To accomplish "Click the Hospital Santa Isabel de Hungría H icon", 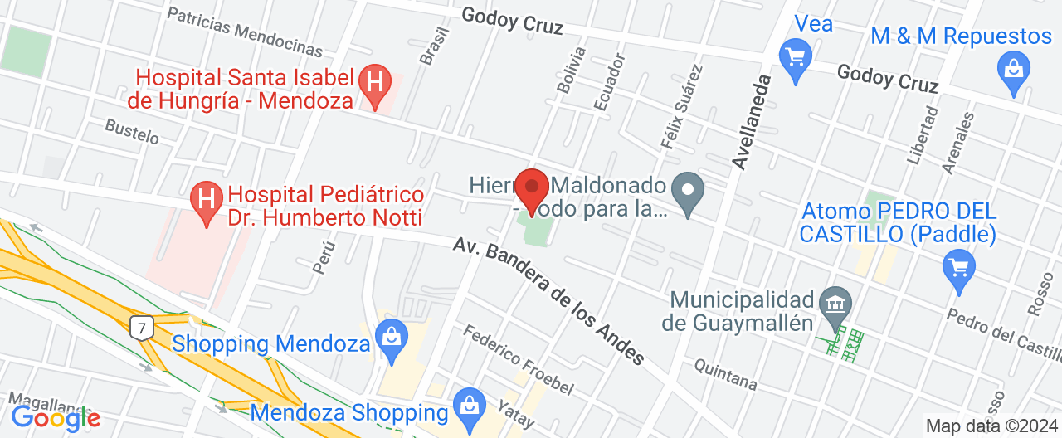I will pyautogui.click(x=374, y=83).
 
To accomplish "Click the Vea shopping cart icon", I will pyautogui.click(x=796, y=56).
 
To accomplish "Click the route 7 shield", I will pyautogui.click(x=142, y=328).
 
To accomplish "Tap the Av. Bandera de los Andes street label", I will pyautogui.click(x=549, y=302).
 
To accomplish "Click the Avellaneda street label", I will pyautogui.click(x=752, y=121).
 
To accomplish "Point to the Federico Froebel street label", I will pyautogui.click(x=518, y=359).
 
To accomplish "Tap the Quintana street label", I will pyautogui.click(x=725, y=375).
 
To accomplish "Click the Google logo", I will pyautogui.click(x=56, y=418).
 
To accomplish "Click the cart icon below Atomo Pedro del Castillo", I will pyautogui.click(x=960, y=269).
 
